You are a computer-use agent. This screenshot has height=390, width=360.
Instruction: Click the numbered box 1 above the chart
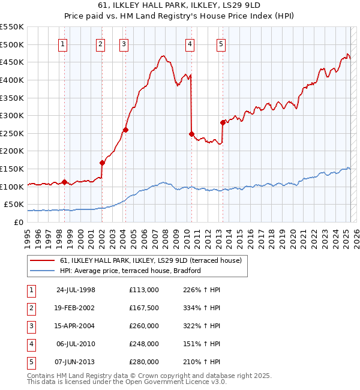63,43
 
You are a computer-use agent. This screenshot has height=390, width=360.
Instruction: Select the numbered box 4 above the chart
190,43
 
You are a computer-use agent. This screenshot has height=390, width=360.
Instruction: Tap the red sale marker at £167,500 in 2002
102,163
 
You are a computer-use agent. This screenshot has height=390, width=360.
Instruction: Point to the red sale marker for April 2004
125,130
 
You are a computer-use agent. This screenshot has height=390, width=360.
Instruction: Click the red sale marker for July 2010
191,134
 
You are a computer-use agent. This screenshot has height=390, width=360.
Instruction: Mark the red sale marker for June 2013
223,122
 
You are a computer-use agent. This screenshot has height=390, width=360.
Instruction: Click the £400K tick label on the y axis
13,80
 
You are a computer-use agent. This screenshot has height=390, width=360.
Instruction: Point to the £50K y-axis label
15,205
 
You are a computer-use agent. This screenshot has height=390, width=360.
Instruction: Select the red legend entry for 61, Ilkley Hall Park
151,260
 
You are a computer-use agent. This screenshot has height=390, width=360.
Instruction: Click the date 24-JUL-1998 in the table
76,290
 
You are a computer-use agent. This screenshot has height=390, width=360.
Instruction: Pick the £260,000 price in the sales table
143,326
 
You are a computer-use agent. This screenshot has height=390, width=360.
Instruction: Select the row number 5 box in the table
31,362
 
